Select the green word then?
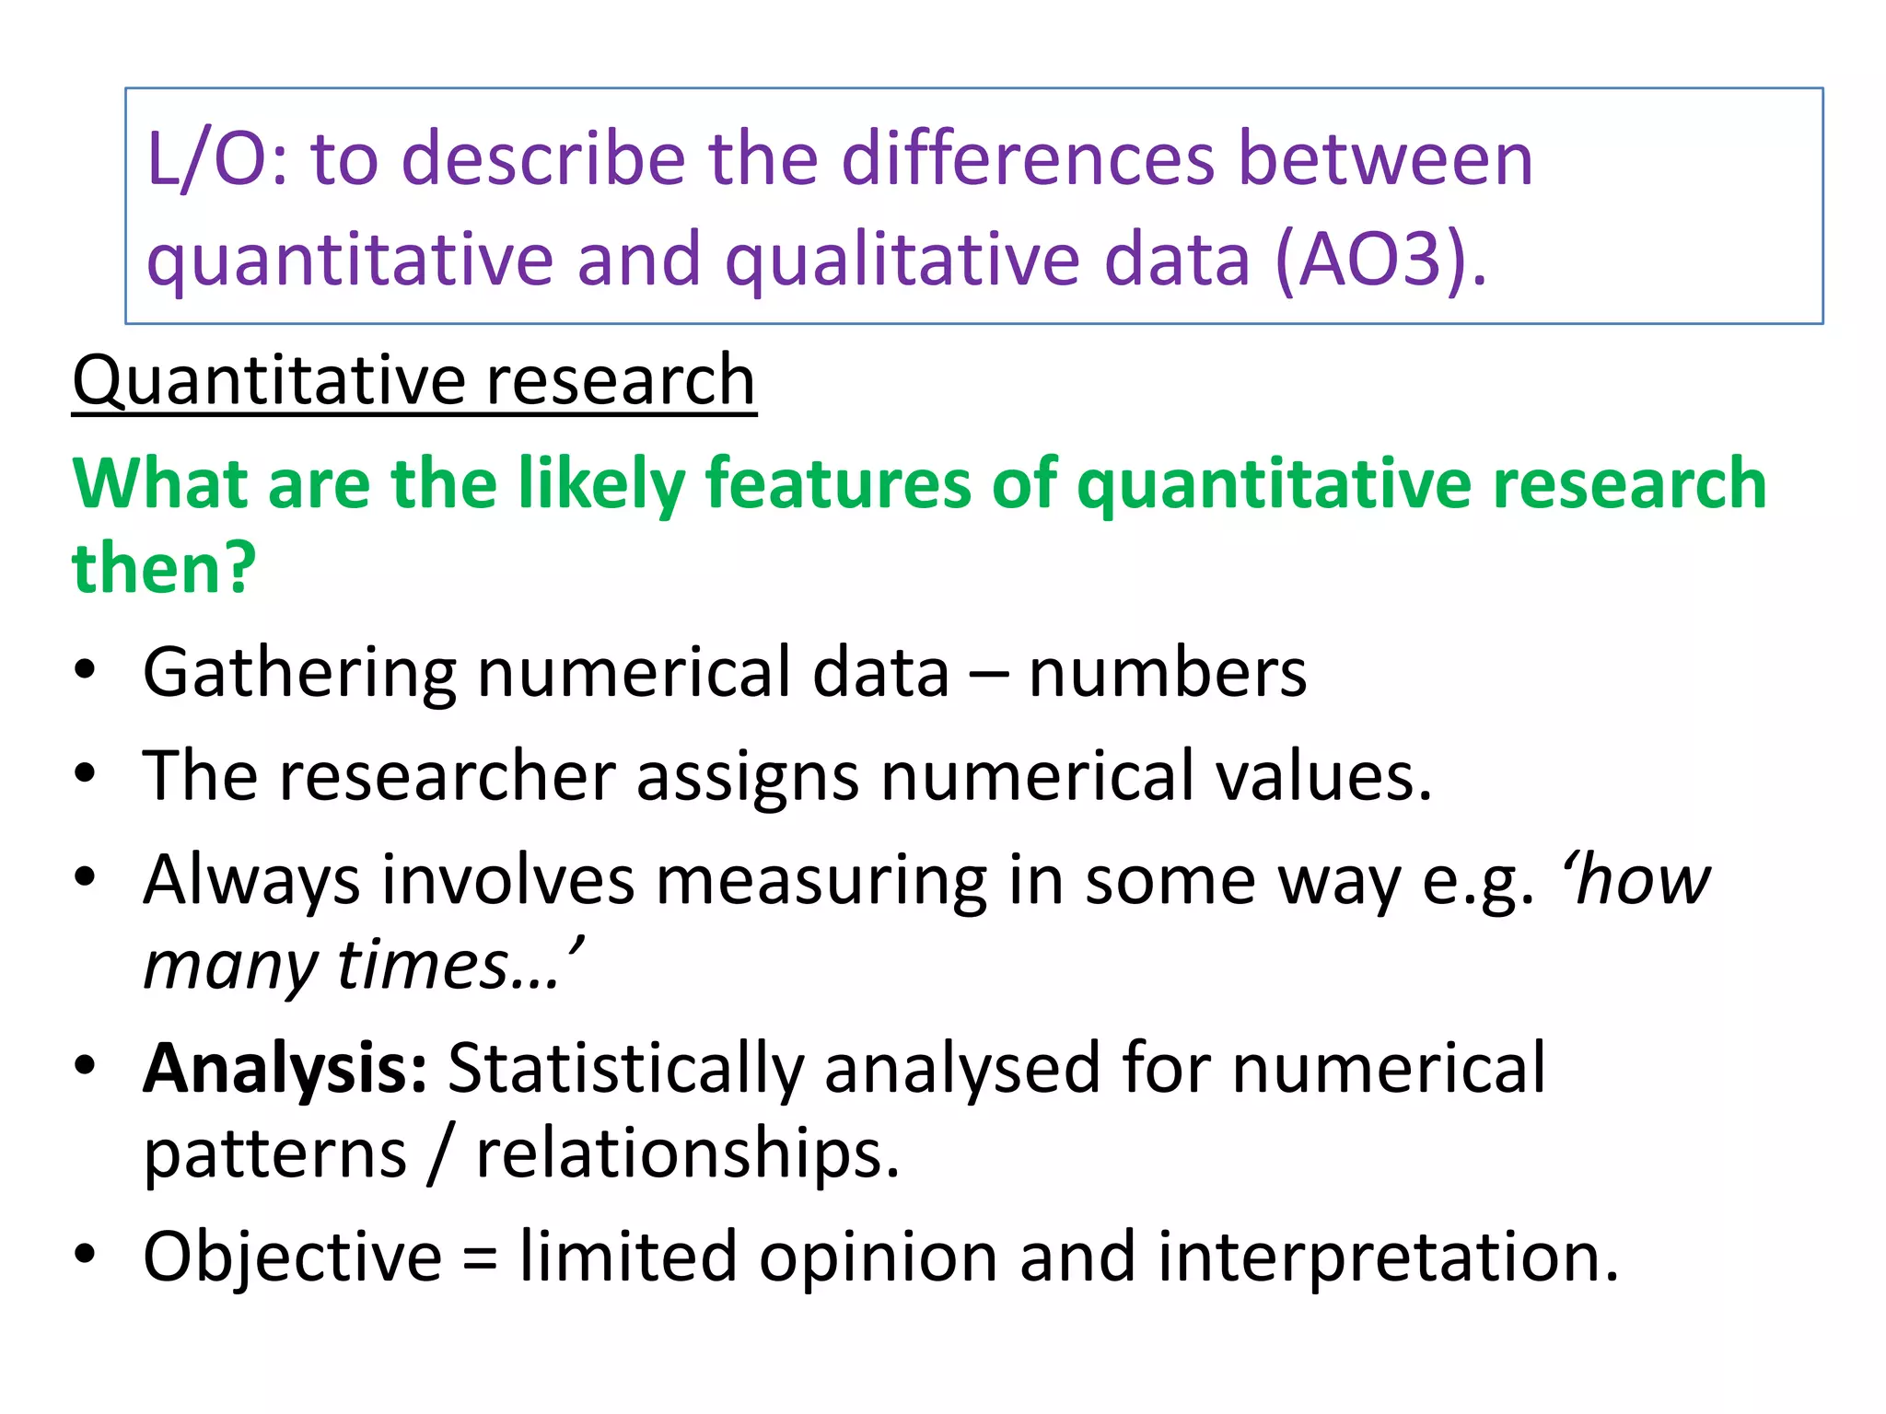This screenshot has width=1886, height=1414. (164, 568)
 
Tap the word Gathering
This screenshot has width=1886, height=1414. (299, 674)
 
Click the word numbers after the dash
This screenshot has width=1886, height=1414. (1167, 672)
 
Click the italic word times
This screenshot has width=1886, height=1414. (424, 966)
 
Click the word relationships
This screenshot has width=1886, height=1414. (687, 1154)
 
